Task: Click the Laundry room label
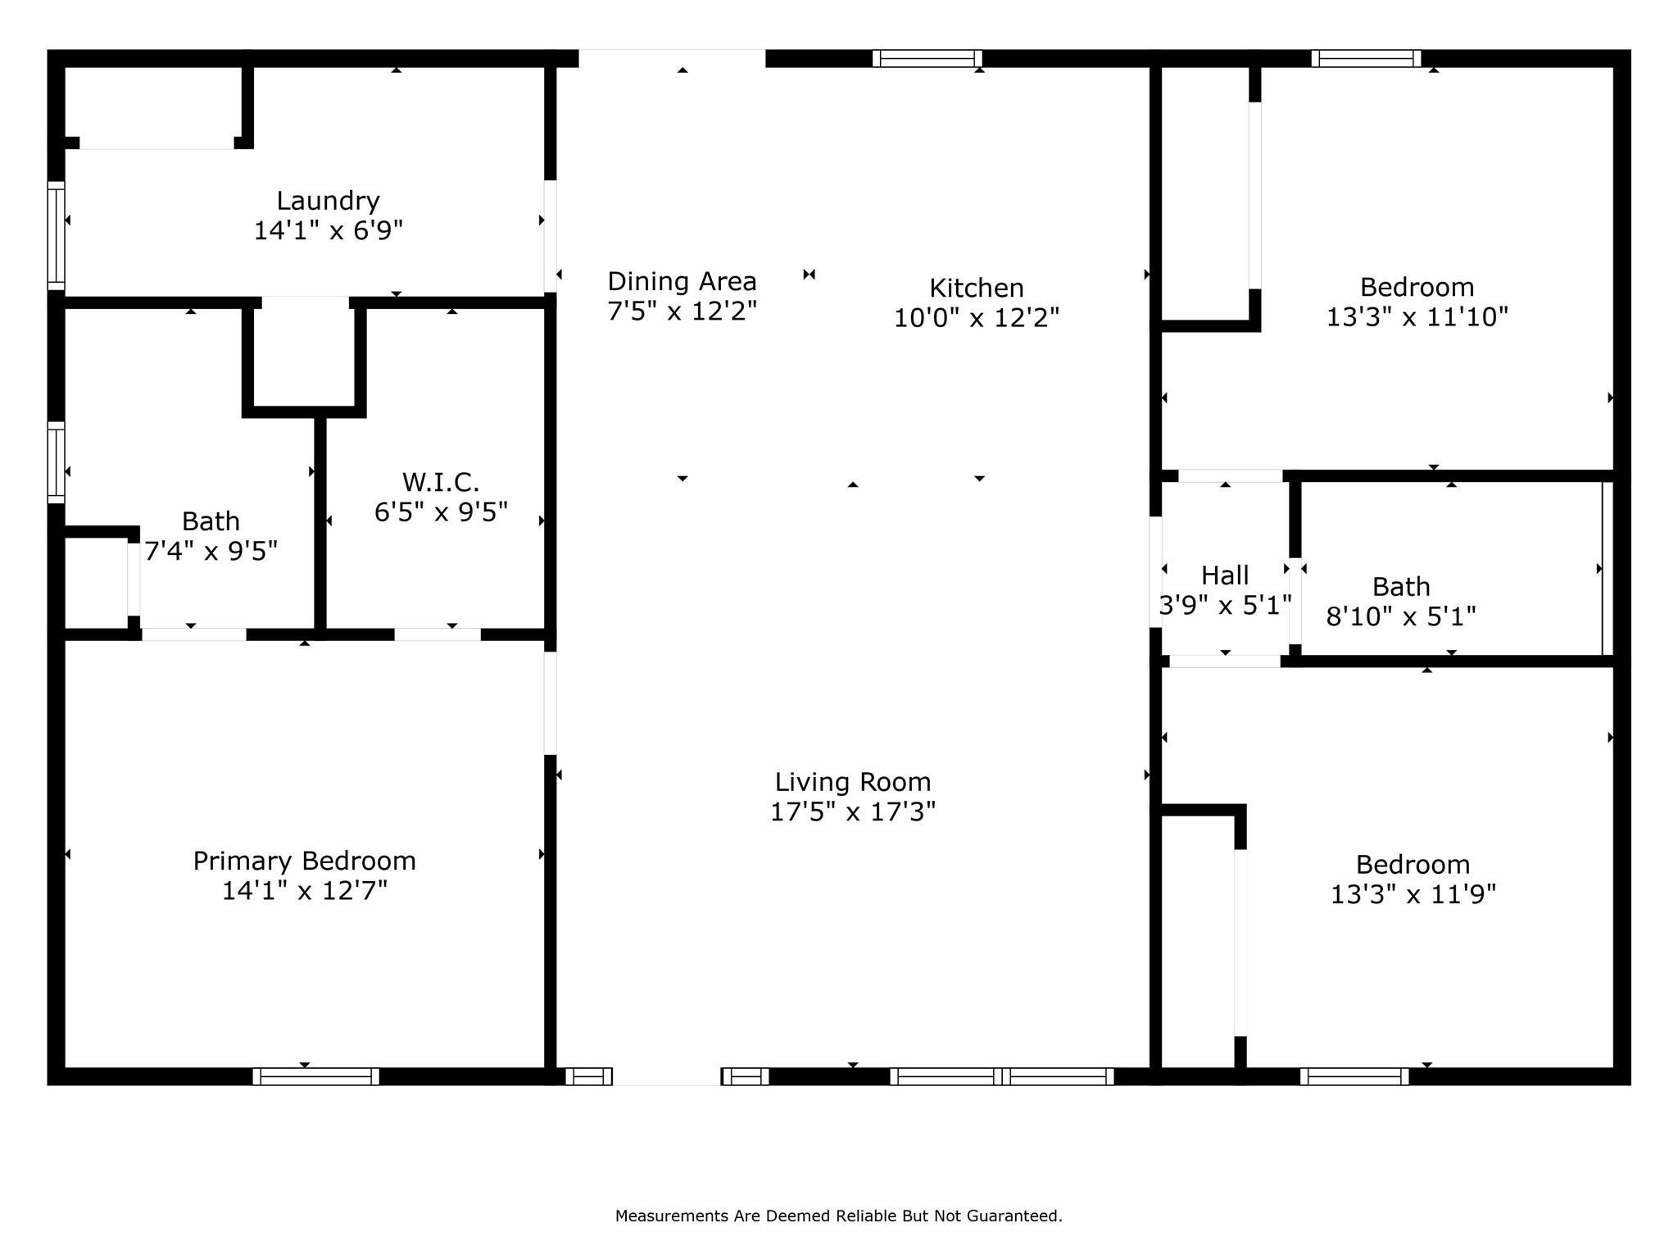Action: coord(328,202)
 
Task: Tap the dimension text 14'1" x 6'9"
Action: coord(328,231)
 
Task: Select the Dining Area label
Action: coord(682,282)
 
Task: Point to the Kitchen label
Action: coord(977,288)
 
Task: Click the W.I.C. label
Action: coord(441,482)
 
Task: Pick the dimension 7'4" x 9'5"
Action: coord(211,551)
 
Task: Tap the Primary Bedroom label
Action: coord(305,861)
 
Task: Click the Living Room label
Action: coord(853,783)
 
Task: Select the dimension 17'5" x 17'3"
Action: coord(853,812)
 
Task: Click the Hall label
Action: coord(1225,575)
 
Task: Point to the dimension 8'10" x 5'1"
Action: coord(1401,616)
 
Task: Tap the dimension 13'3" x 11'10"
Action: coord(1417,317)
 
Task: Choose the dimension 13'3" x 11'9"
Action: coord(1413,894)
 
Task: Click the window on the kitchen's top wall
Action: coord(927,58)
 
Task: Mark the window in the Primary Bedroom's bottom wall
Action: coord(315,1076)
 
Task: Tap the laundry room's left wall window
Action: coord(56,235)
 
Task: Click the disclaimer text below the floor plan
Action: coord(838,1216)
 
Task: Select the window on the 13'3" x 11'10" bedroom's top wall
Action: coord(1366,58)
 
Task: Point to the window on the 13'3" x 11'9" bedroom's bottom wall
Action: coord(1354,1076)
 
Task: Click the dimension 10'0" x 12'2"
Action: coord(977,318)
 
